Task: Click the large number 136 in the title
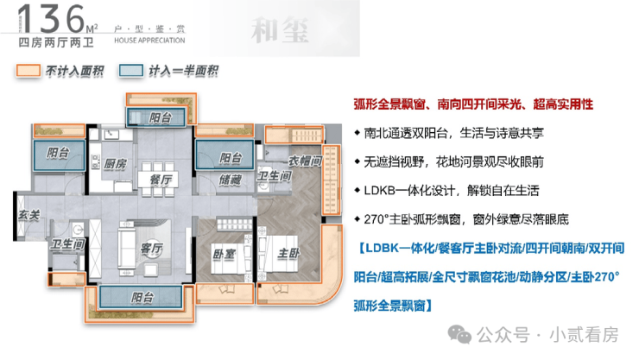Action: [x=51, y=19]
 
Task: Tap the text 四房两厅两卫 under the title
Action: [x=56, y=42]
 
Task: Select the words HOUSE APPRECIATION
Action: [x=149, y=41]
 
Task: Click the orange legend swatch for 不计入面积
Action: [x=28, y=71]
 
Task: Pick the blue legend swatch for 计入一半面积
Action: [x=130, y=71]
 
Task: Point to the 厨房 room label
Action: [x=115, y=164]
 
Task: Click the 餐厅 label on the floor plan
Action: [x=161, y=180]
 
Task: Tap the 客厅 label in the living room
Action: [x=151, y=248]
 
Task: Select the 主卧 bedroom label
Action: [x=288, y=253]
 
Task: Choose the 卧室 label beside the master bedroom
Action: [x=225, y=255]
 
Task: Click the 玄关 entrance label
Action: [x=28, y=215]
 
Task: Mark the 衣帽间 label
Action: [x=305, y=161]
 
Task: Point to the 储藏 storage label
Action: [x=231, y=180]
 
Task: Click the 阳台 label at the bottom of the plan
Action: [x=142, y=297]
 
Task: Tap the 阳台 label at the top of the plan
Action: [x=160, y=117]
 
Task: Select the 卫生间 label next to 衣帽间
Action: [x=274, y=176]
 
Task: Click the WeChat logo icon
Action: [x=459, y=335]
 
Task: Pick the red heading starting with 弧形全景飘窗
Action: [x=473, y=104]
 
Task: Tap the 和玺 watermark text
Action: [x=281, y=30]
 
